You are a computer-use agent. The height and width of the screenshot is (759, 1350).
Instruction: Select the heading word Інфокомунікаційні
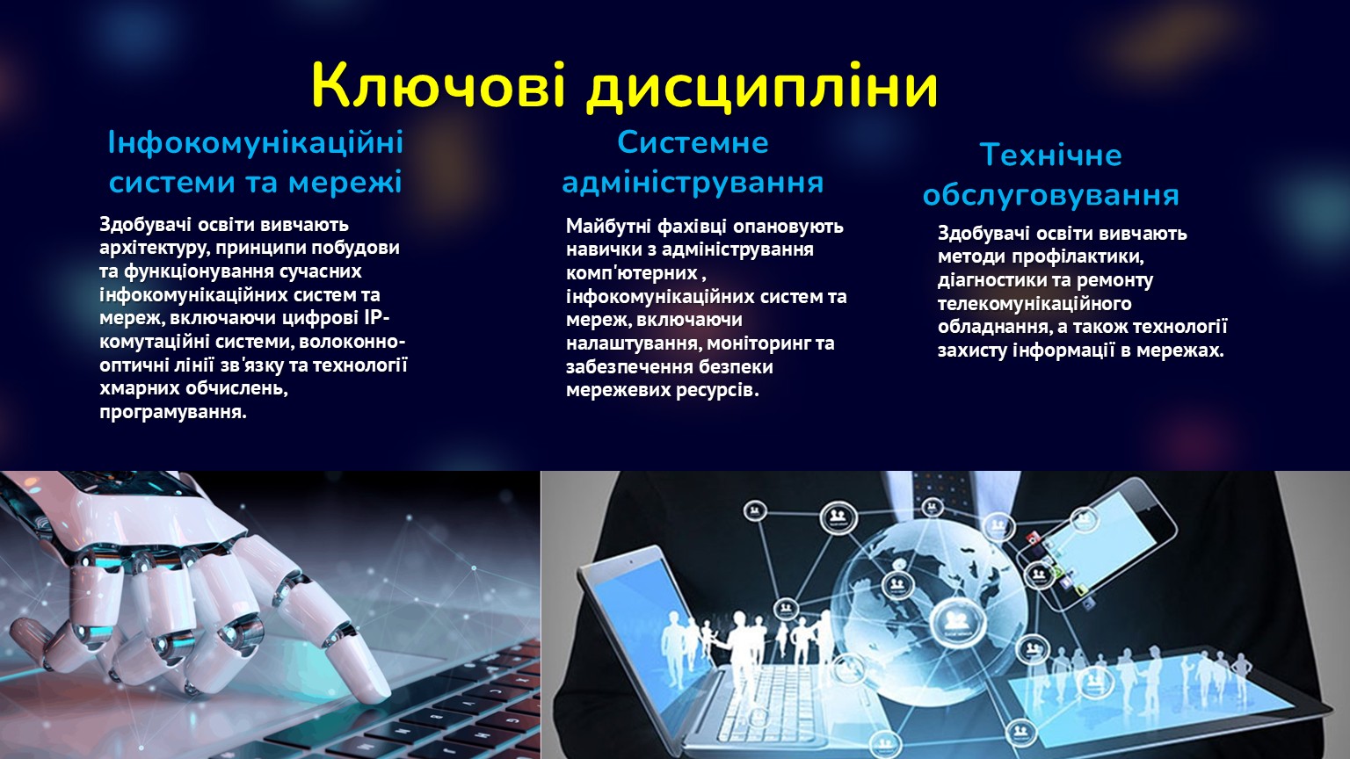[256, 143]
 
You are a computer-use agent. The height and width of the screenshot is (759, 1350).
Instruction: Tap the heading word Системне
[693, 143]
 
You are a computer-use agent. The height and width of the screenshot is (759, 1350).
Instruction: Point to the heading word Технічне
[1050, 155]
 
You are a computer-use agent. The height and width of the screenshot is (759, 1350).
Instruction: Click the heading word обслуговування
[1050, 194]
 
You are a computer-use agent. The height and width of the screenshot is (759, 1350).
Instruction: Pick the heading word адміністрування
[693, 182]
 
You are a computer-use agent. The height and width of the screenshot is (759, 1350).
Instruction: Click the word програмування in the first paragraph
[173, 413]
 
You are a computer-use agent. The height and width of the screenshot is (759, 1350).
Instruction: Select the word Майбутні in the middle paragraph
[609, 227]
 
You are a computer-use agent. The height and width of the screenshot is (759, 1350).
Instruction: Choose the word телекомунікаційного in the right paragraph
[1034, 304]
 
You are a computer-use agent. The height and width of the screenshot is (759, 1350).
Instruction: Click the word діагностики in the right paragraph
[992, 281]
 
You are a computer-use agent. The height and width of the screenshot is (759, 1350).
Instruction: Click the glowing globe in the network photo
[931, 609]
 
